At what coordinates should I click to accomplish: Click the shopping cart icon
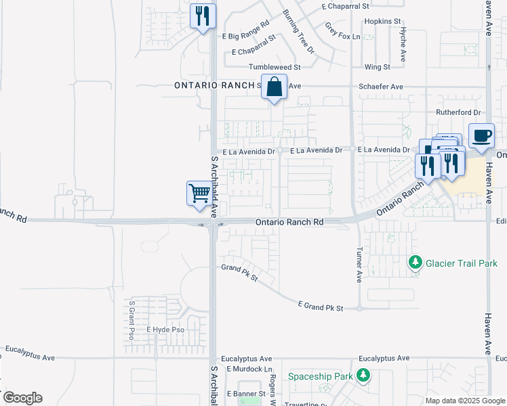(x=199, y=194)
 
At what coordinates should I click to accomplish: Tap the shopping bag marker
(x=274, y=88)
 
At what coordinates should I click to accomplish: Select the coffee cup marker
(x=481, y=135)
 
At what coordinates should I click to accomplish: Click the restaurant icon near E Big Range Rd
(x=202, y=16)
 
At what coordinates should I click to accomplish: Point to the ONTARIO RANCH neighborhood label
(x=214, y=86)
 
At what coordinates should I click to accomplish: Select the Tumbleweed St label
(x=274, y=68)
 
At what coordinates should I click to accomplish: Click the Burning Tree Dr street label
(x=299, y=31)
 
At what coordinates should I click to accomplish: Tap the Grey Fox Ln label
(x=342, y=31)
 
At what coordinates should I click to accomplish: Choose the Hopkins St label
(x=383, y=22)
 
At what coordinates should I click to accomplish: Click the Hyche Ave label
(x=403, y=45)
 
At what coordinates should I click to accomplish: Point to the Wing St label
(x=377, y=68)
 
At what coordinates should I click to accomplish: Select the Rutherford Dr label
(x=458, y=112)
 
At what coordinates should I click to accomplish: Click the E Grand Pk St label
(x=321, y=308)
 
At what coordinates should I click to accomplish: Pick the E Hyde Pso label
(x=165, y=330)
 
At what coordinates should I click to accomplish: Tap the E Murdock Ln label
(x=249, y=369)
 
